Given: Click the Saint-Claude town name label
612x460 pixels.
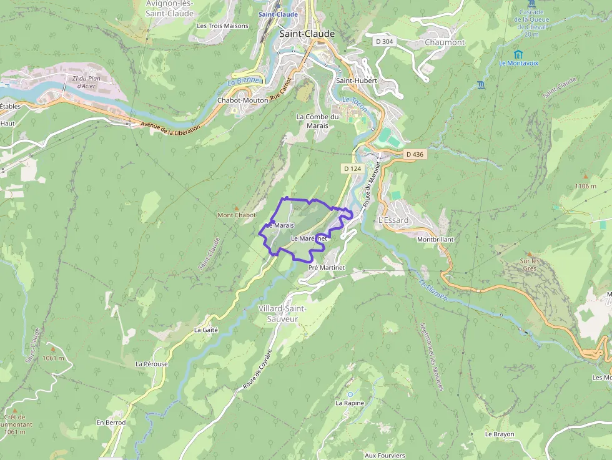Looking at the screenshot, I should click(x=307, y=34).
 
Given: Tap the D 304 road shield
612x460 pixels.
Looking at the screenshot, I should click(x=385, y=41).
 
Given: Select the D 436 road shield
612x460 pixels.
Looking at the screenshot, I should click(x=414, y=154).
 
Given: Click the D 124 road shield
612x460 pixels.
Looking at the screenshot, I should click(x=352, y=169).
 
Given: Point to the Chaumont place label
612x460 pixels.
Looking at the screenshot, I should click(x=445, y=42).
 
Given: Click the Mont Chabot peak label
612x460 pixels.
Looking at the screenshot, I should click(x=237, y=215).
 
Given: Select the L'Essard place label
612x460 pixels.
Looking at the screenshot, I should click(x=393, y=220).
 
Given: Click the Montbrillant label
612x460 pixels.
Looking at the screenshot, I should click(x=435, y=239).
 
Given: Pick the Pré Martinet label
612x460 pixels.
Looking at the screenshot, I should click(x=327, y=267).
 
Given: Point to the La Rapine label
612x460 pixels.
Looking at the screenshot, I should click(x=350, y=403).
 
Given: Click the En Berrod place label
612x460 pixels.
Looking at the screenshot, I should click(x=111, y=423).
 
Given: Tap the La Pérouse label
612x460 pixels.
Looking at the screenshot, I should click(x=151, y=363).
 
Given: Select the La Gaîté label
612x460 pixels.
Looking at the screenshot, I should click(x=206, y=330).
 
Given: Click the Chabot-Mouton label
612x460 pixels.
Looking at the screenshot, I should click(x=242, y=100).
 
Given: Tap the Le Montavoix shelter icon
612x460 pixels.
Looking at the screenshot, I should click(x=518, y=54).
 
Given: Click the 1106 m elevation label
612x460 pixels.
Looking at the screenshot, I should click(x=585, y=186).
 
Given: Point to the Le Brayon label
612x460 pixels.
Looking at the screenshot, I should click(x=500, y=434).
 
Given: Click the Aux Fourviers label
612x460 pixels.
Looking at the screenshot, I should click(x=385, y=455).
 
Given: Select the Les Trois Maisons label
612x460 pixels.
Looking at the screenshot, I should click(x=222, y=26).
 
